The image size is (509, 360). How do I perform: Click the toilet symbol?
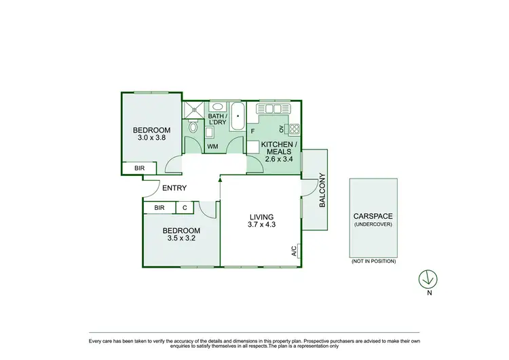point(193,127)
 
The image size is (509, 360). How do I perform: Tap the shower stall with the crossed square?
point(193,107)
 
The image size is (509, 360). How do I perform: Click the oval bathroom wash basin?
point(217,107)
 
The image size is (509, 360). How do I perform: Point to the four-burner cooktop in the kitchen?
point(294,128)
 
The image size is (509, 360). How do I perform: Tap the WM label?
point(212,145)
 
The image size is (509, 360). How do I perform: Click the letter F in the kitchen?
point(252,130)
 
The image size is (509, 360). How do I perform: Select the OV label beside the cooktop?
point(281,129)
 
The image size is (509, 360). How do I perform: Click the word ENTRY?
point(174,188)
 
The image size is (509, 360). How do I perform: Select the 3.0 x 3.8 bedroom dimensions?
point(151,138)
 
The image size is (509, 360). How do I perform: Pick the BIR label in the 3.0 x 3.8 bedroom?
point(139,168)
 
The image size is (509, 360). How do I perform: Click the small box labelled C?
point(185,208)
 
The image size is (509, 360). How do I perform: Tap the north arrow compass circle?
point(428,278)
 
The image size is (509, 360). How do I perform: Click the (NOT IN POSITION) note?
point(373,261)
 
